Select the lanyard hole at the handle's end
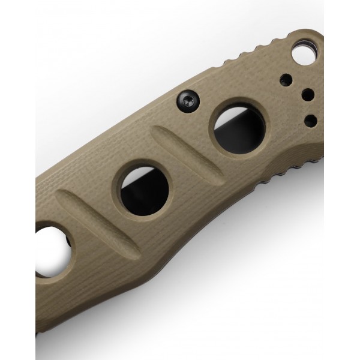coord(305,55)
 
